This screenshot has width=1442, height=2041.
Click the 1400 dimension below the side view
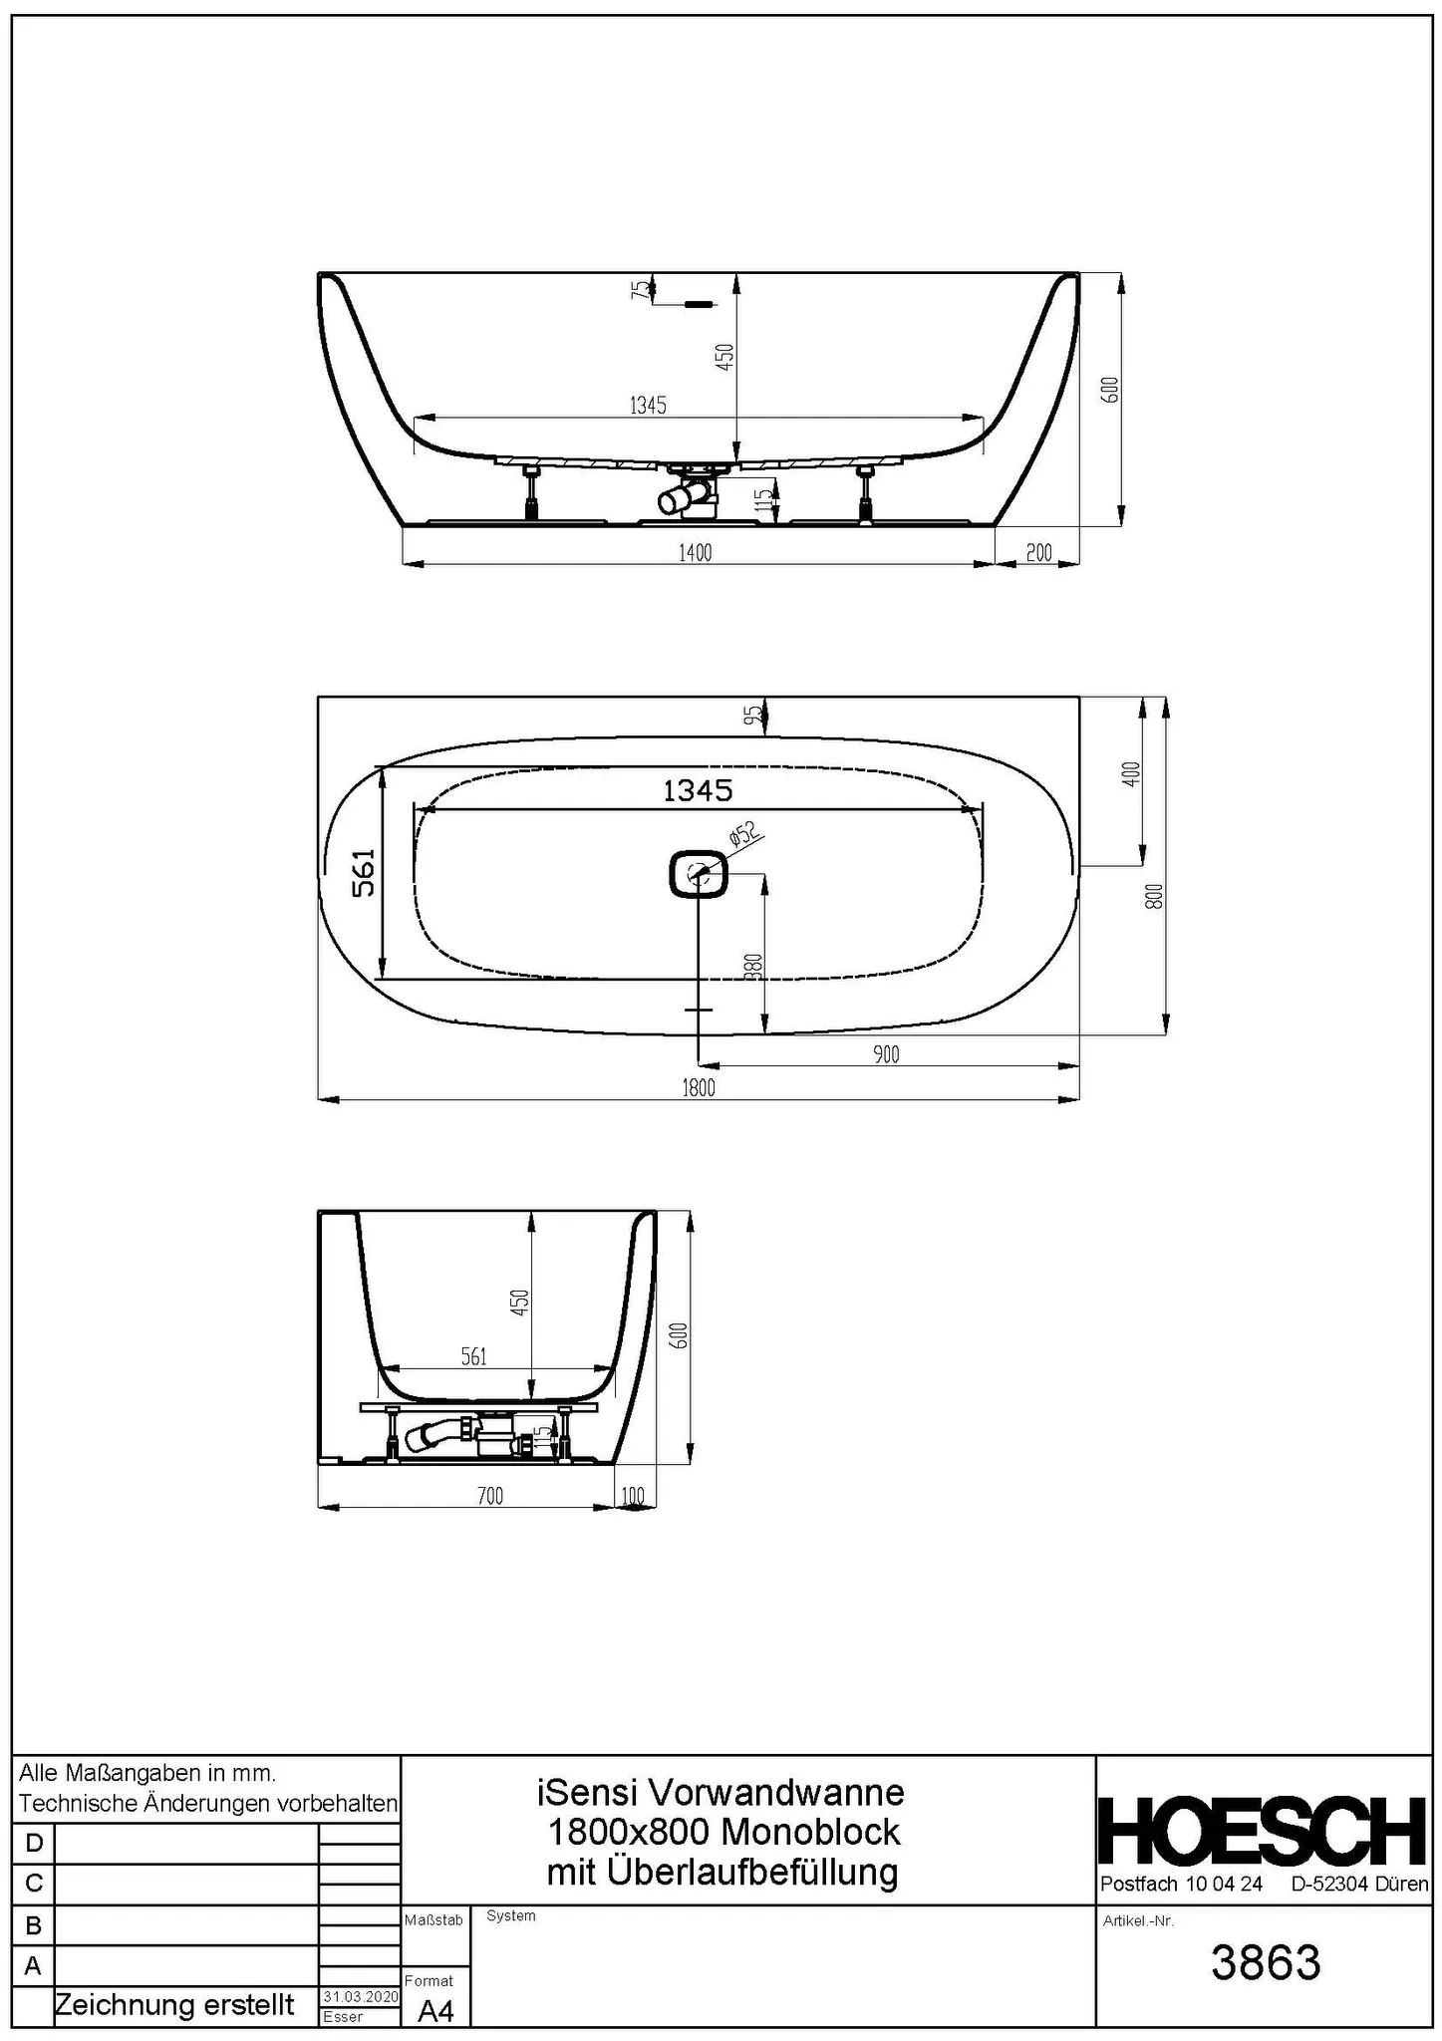coord(695,553)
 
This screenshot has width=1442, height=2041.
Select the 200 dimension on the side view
coord(1038,553)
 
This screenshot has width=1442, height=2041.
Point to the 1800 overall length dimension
coord(699,1087)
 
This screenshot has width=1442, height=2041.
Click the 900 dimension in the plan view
coord(886,1054)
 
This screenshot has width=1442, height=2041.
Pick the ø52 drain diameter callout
coord(743,834)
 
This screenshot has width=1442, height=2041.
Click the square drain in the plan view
coord(699,874)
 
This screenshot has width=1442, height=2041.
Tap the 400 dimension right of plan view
coord(1130,774)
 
